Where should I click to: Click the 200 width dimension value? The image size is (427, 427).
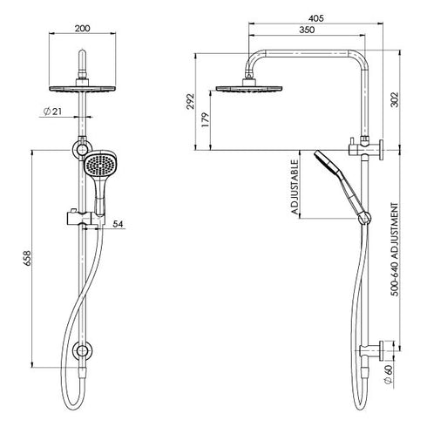point(83,28)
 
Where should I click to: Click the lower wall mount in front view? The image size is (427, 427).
point(84,351)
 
